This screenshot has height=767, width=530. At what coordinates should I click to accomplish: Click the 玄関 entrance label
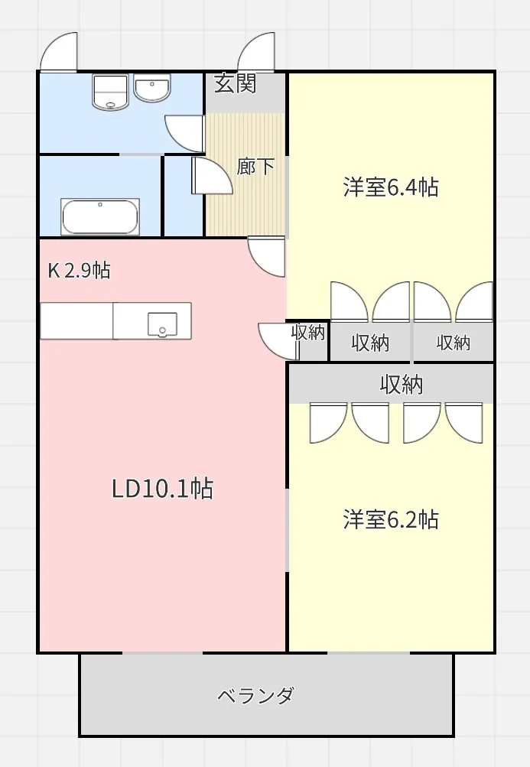236,83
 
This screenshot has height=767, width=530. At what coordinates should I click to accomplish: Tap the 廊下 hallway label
255,166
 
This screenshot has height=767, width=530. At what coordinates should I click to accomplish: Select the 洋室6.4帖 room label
391,187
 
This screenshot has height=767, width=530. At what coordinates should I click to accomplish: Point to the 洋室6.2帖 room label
391,519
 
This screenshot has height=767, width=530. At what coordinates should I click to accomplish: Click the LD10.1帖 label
162,488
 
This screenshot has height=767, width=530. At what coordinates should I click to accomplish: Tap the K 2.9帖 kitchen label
80,270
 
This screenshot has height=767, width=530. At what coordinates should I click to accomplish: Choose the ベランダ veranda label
255,695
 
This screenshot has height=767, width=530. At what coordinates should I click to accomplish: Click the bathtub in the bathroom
100,216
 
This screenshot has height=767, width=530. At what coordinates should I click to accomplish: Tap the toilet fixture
110,92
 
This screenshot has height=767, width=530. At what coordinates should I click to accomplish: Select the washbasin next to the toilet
152,88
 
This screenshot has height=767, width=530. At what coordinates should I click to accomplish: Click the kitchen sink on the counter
162,324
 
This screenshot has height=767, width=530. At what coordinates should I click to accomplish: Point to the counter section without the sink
76,321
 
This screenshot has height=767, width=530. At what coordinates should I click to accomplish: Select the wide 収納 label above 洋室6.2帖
402,385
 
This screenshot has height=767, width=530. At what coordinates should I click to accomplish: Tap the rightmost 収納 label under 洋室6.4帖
454,343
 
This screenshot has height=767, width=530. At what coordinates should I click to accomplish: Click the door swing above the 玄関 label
256,51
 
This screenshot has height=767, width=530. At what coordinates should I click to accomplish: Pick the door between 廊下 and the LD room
267,256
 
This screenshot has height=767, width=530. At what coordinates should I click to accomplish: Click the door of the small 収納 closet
278,341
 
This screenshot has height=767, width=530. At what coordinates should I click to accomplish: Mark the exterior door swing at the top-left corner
59,51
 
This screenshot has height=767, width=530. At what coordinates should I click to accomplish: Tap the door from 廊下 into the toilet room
185,134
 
